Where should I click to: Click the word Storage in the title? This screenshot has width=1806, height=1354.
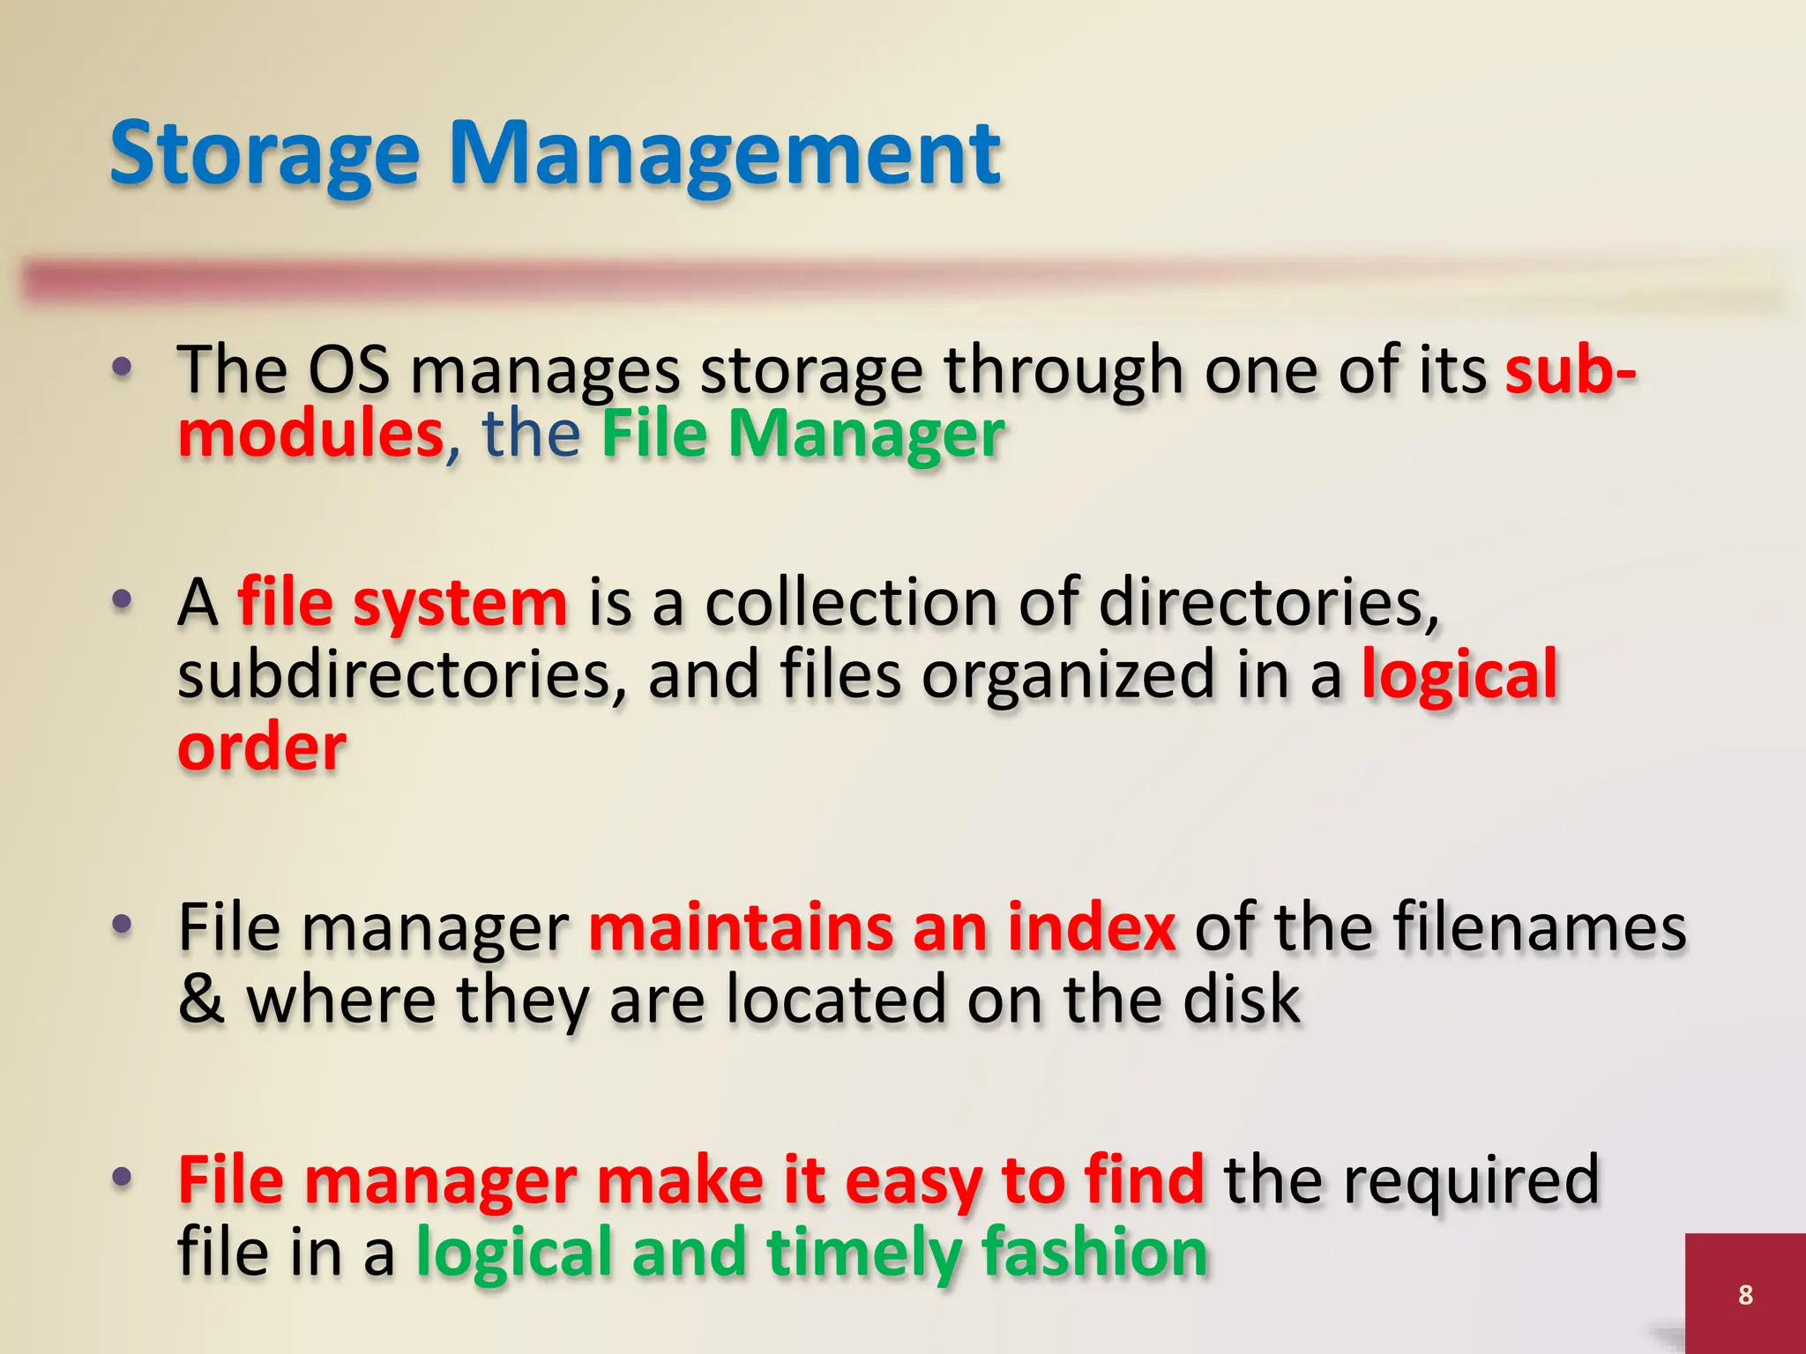264,154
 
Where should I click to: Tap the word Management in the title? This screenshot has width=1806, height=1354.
725,154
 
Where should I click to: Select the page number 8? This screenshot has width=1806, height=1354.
1745,1294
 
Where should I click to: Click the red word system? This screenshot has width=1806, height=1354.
459,604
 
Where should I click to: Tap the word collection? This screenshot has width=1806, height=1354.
850,604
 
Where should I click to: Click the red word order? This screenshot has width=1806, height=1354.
262,748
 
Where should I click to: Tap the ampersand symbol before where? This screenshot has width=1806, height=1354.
201,1001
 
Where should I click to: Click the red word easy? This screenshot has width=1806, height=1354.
913,1181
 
